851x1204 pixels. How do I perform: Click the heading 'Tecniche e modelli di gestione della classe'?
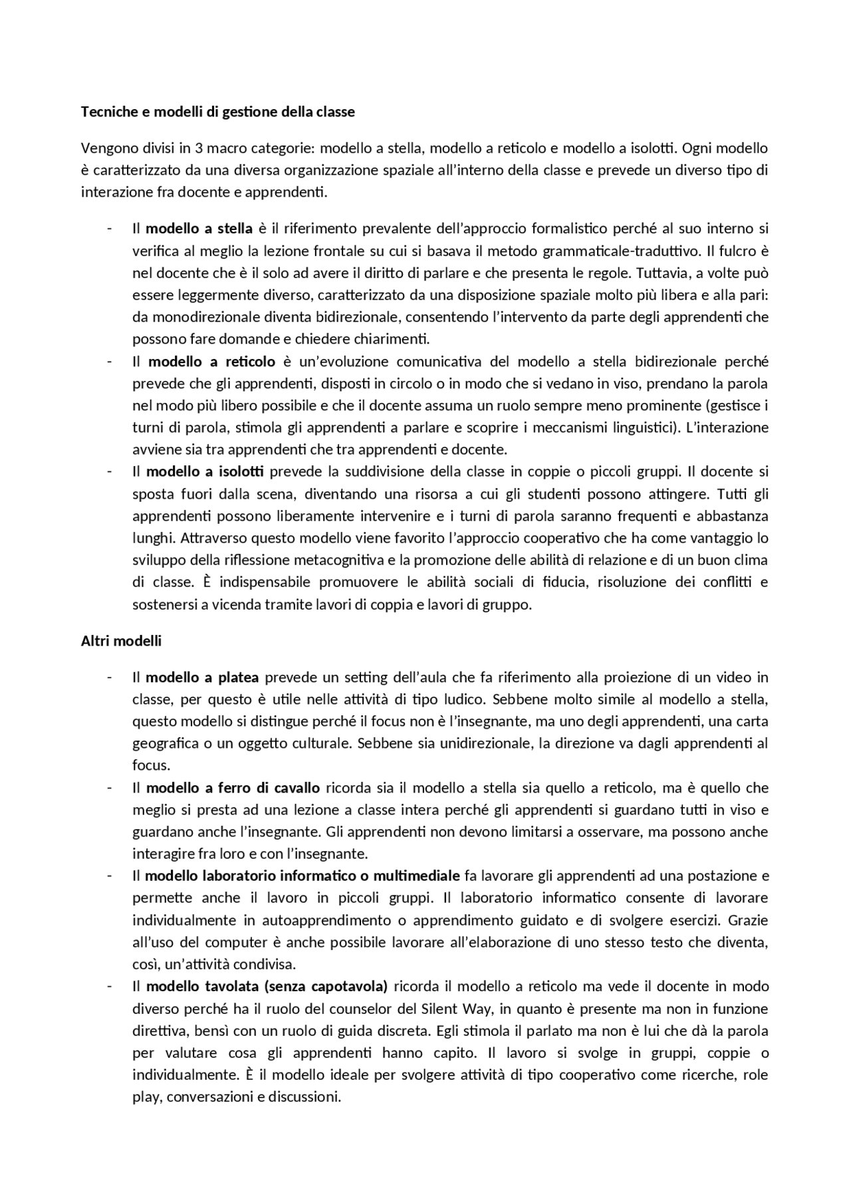(217, 112)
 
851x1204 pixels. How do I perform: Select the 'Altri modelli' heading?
(121, 642)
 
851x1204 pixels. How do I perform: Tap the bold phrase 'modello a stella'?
(199, 229)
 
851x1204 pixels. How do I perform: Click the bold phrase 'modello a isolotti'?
(205, 472)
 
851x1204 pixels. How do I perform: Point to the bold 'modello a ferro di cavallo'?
(233, 788)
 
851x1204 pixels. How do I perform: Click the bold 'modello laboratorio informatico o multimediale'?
(303, 876)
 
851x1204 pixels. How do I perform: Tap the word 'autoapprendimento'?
(326, 920)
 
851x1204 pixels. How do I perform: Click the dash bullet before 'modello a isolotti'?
(108, 472)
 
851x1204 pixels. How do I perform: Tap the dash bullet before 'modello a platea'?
(108, 677)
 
